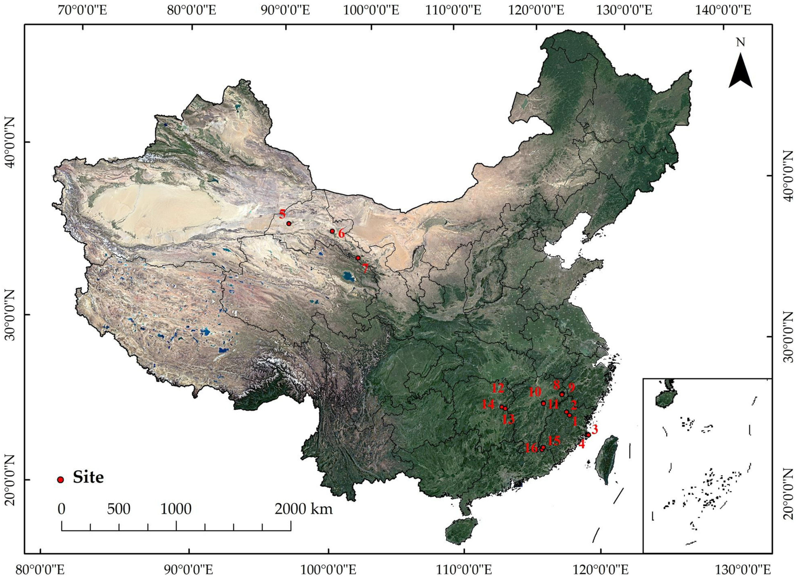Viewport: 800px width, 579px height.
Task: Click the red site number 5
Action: click(282, 214)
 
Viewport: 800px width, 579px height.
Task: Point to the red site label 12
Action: click(498, 388)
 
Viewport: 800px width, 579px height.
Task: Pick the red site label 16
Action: click(531, 448)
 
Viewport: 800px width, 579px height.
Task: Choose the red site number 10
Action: click(535, 392)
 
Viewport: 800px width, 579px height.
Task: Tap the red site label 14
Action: click(488, 404)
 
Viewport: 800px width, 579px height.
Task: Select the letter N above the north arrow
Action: click(740, 43)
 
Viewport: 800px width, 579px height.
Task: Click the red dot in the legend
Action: click(61, 480)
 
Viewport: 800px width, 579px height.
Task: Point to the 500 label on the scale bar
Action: click(119, 509)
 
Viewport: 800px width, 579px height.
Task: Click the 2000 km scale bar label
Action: click(304, 509)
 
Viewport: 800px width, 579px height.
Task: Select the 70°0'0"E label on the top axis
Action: click(81, 10)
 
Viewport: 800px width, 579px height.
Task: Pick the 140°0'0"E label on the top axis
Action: click(723, 10)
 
